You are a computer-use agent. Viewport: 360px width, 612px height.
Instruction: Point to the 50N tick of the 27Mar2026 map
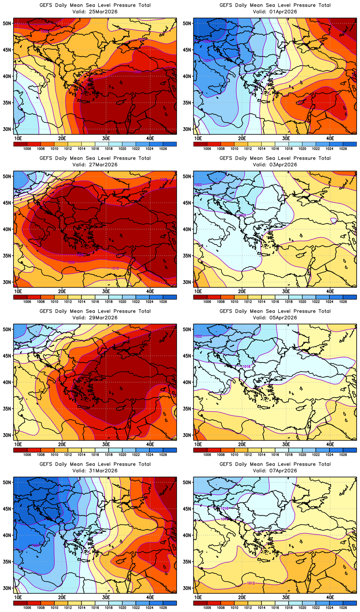coord(7,176)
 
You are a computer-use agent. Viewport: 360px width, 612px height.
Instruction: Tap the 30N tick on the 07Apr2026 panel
coord(187,588)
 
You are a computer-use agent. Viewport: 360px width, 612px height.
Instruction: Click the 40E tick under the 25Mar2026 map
coord(150,138)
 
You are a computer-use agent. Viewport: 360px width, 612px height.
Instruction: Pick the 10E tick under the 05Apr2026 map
coord(198,444)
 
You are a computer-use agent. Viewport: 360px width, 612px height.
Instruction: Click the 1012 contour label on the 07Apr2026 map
coord(251,583)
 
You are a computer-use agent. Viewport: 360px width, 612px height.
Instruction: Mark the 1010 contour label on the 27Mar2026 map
coord(115,268)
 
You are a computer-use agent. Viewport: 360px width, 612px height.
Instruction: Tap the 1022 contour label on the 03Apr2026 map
coord(198,185)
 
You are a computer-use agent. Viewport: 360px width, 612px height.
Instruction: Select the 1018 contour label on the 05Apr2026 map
coord(246,367)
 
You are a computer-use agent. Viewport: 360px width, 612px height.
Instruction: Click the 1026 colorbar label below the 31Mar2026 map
coord(163,608)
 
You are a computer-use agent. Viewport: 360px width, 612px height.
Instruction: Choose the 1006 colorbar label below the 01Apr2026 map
coord(207,149)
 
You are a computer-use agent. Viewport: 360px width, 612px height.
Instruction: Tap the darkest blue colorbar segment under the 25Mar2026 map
coord(170,144)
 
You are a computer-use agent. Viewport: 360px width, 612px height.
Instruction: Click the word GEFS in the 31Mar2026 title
coord(46,464)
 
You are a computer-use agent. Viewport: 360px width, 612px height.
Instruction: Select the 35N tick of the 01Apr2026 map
coord(187,103)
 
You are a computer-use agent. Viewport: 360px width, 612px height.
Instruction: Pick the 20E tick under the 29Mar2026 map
coord(62,444)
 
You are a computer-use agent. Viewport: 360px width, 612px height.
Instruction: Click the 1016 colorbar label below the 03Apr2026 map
coord(275,302)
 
